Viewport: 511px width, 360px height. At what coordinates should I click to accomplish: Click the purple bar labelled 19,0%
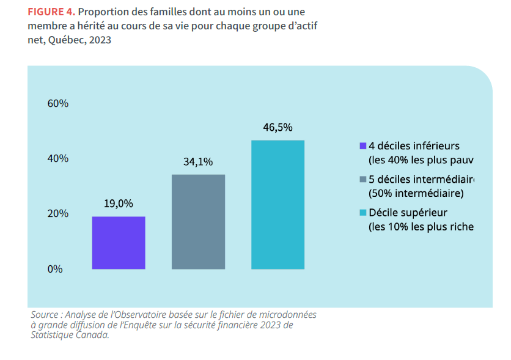pyautogui.click(x=119, y=243)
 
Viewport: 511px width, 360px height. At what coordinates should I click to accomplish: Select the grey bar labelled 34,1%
pyautogui.click(x=198, y=222)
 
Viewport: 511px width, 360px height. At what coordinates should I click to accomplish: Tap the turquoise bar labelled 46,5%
pyautogui.click(x=278, y=205)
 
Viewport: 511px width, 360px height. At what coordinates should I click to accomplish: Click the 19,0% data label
pyautogui.click(x=119, y=204)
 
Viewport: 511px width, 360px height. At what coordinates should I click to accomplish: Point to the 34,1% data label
pyautogui.click(x=198, y=162)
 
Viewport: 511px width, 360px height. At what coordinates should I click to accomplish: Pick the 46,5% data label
pyautogui.click(x=278, y=128)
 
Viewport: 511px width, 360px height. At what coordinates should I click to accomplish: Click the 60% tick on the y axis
pyautogui.click(x=58, y=104)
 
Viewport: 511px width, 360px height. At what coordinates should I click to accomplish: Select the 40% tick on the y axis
pyautogui.click(x=58, y=159)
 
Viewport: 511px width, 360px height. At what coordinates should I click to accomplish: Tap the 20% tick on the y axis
pyautogui.click(x=58, y=214)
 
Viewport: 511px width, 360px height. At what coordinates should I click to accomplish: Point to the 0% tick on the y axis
pyautogui.click(x=56, y=269)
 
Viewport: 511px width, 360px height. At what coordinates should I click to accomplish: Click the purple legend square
pyautogui.click(x=362, y=146)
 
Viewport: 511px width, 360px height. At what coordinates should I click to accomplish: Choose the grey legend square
pyautogui.click(x=362, y=180)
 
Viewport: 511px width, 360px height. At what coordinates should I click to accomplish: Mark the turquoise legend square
pyautogui.click(x=362, y=213)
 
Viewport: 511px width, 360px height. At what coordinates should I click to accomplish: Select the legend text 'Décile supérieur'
pyautogui.click(x=408, y=213)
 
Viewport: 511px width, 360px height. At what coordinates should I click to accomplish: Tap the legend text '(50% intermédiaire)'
pyautogui.click(x=416, y=194)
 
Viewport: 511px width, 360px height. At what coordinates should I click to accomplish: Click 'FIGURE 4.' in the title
pyautogui.click(x=51, y=12)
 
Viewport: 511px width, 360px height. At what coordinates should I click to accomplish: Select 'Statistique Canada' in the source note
pyautogui.click(x=69, y=336)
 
